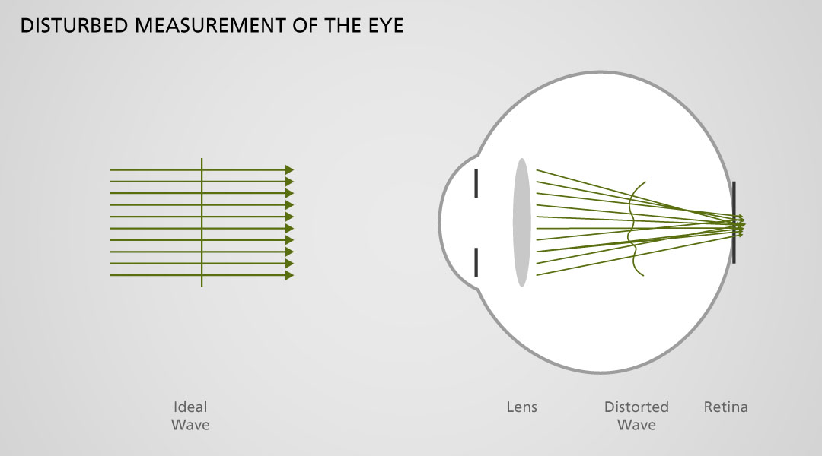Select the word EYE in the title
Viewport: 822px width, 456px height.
coord(383,26)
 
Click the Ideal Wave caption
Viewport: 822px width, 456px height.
coord(190,416)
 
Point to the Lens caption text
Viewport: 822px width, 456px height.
coord(521,407)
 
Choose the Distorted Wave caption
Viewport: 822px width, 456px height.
coord(636,416)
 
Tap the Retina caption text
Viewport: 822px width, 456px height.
coord(725,407)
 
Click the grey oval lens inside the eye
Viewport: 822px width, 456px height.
coord(521,222)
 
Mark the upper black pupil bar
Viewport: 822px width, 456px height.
coord(476,183)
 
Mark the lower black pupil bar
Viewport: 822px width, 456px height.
coord(476,262)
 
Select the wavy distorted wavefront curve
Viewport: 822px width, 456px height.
coord(634,228)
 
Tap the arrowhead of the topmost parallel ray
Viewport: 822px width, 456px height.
coord(289,169)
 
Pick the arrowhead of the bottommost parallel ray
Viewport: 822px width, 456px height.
coord(289,275)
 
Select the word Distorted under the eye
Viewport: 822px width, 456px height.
coord(636,407)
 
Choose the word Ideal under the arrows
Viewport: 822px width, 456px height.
coord(190,407)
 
